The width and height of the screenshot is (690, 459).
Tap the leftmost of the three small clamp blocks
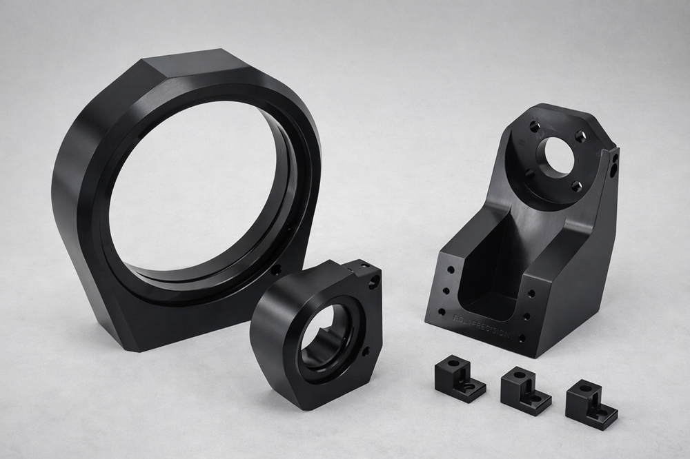458,380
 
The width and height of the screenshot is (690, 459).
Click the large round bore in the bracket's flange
556,156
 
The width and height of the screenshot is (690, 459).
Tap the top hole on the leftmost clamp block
454,362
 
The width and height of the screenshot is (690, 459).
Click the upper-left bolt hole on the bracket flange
534,127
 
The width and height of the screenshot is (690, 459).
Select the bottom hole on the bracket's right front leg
522,338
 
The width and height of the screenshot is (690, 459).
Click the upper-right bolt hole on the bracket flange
580,136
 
